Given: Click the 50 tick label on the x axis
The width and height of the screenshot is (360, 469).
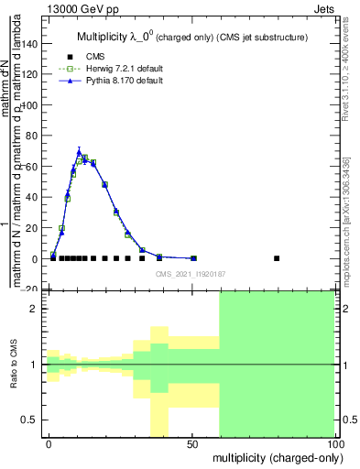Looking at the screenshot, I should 192,445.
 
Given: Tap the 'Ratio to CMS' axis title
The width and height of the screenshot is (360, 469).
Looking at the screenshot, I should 15,365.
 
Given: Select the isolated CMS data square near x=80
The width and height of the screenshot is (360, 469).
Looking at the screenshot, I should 278,258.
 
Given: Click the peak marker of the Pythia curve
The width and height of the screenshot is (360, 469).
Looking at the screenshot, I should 79,151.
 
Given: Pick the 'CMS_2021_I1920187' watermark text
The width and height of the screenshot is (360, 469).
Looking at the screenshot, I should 191,273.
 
